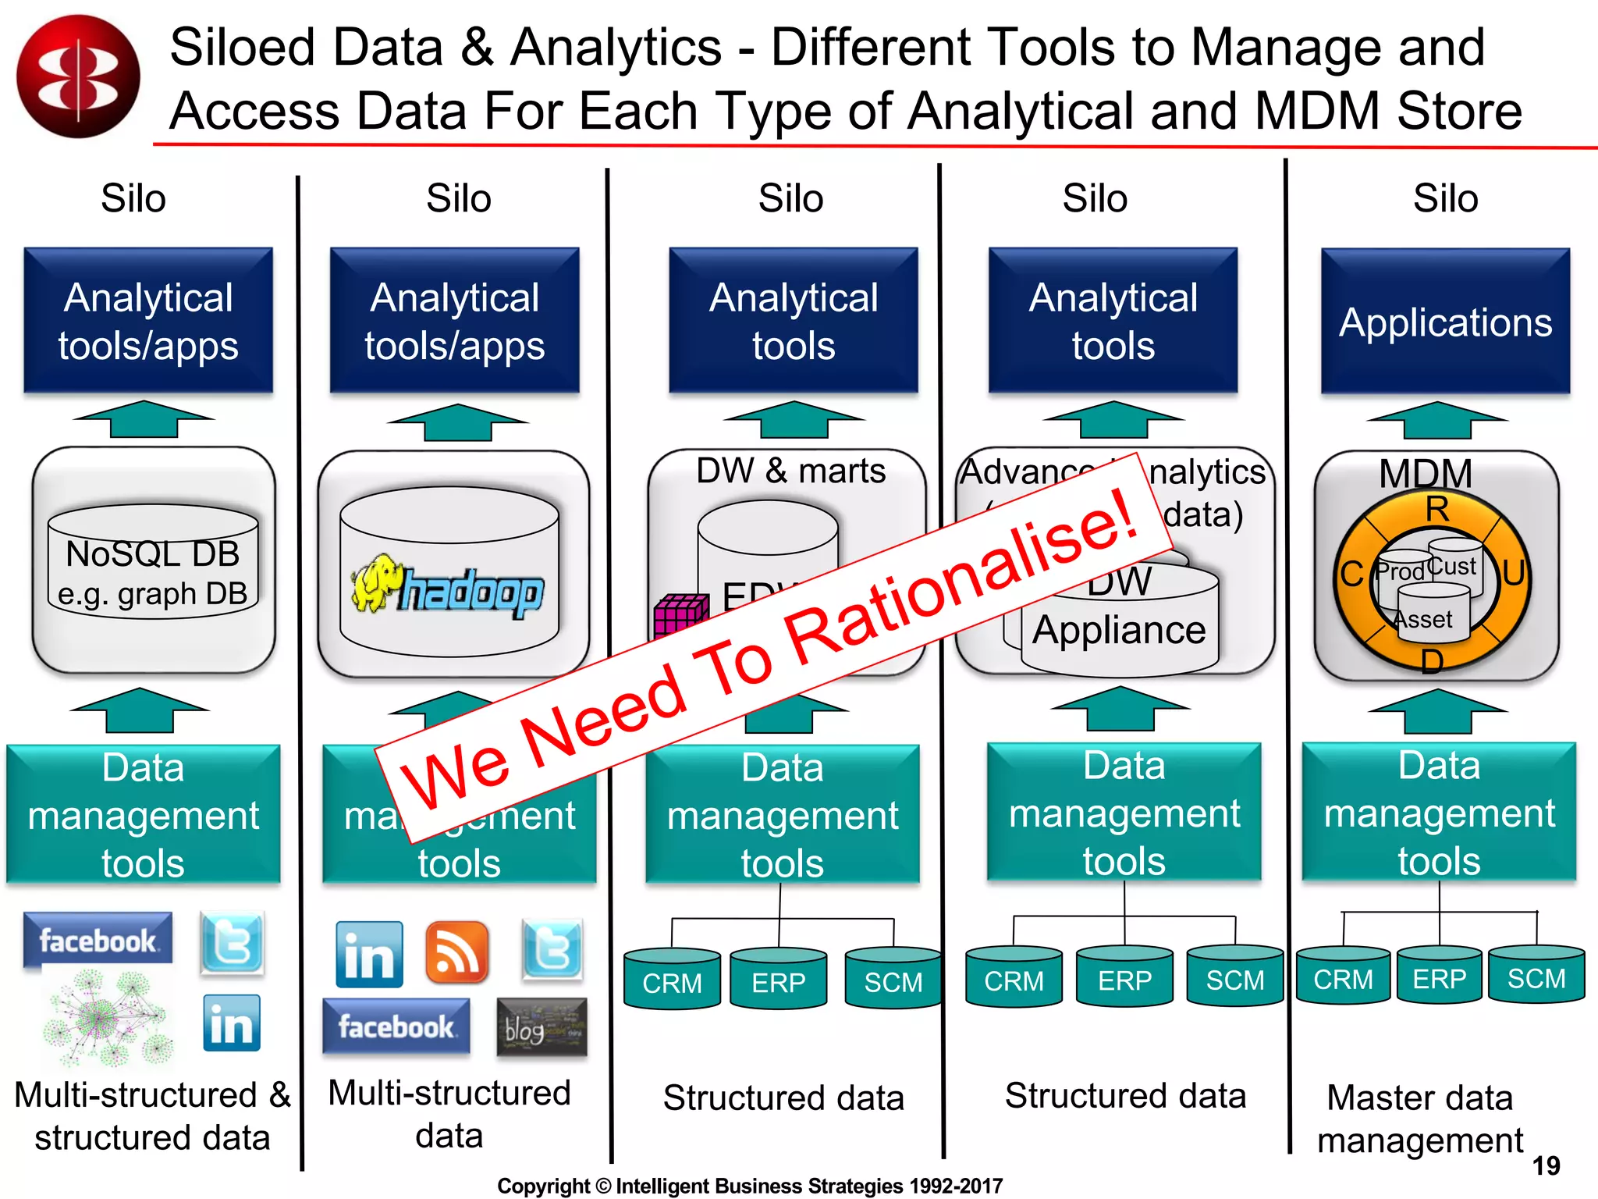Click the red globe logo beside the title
[78, 76]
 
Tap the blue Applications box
[1445, 321]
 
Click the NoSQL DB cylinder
[153, 562]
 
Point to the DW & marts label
[790, 471]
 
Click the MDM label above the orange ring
[1425, 472]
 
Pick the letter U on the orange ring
[1513, 573]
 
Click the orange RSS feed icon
[456, 952]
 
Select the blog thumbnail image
[542, 1027]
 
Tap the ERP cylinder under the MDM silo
[1439, 976]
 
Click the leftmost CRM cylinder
[672, 980]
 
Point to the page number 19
[1546, 1166]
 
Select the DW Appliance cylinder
[1119, 624]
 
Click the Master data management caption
[1420, 1119]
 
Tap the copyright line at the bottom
[750, 1186]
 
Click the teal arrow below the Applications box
[1437, 420]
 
